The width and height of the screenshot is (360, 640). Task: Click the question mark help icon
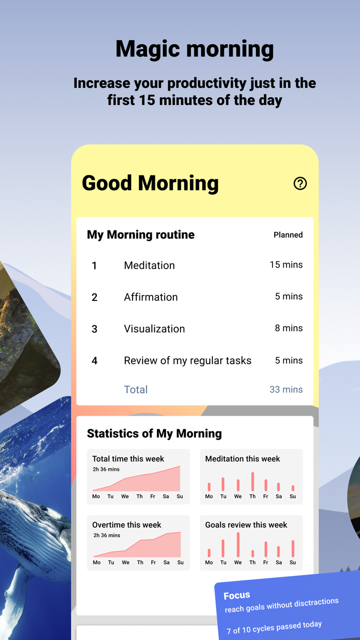(x=300, y=184)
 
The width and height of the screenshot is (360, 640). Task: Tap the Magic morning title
(x=194, y=49)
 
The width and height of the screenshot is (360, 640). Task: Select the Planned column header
(x=288, y=235)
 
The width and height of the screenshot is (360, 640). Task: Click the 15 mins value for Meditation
(x=286, y=265)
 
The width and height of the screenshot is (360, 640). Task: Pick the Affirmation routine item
(x=151, y=297)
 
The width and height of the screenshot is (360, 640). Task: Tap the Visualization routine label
(x=154, y=329)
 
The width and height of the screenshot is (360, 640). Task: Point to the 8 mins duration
(x=289, y=328)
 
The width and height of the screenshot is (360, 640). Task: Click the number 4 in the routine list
(x=95, y=361)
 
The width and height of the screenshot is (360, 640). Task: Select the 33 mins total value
(x=286, y=389)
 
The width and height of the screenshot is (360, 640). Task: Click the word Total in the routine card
(x=136, y=389)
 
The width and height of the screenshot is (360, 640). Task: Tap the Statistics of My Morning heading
(x=154, y=434)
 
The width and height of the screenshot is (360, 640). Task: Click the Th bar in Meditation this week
(x=253, y=482)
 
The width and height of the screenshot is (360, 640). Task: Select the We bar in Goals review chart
(x=238, y=545)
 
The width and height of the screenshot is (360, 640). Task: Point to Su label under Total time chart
(x=180, y=496)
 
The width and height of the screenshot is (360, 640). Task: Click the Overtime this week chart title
(x=127, y=525)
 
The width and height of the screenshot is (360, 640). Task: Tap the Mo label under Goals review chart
(x=209, y=562)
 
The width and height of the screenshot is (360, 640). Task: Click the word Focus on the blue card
(x=237, y=596)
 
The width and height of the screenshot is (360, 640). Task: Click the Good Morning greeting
(x=150, y=184)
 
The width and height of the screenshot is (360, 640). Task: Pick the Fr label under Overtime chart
(x=153, y=562)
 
